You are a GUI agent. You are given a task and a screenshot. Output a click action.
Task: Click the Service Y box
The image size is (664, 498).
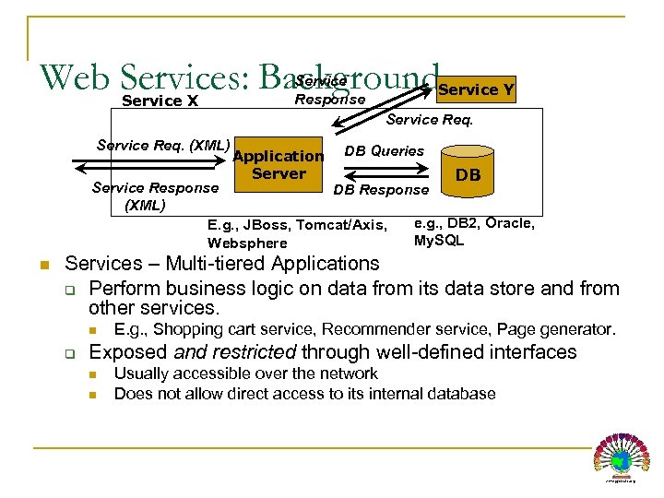(475, 89)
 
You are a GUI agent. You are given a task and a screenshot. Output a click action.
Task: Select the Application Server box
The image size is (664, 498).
(279, 165)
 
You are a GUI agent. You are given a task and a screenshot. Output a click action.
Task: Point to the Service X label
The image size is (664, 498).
(160, 101)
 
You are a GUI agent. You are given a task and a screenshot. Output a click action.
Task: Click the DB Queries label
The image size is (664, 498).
(384, 150)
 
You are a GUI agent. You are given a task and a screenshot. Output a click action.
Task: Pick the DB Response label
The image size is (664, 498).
(381, 189)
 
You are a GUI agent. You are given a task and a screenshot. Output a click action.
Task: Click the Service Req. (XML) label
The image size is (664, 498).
(162, 145)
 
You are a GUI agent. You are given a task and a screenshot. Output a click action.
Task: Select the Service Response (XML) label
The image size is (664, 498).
(155, 196)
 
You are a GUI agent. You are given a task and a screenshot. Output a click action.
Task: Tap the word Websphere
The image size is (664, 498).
(247, 243)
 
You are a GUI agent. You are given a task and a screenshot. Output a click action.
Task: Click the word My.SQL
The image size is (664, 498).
(439, 240)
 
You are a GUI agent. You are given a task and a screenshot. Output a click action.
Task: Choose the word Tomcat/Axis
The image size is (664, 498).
(344, 225)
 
